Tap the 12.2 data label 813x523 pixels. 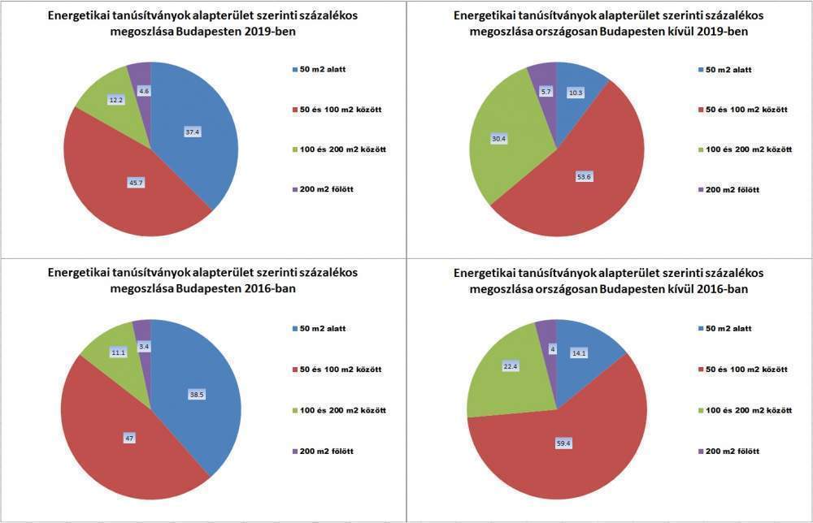tap(115, 100)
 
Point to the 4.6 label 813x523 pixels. tap(143, 91)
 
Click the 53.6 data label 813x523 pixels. tap(583, 176)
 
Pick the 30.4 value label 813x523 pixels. tap(498, 139)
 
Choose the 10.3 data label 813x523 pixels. tap(574, 93)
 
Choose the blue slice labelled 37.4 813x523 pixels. tap(203, 154)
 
